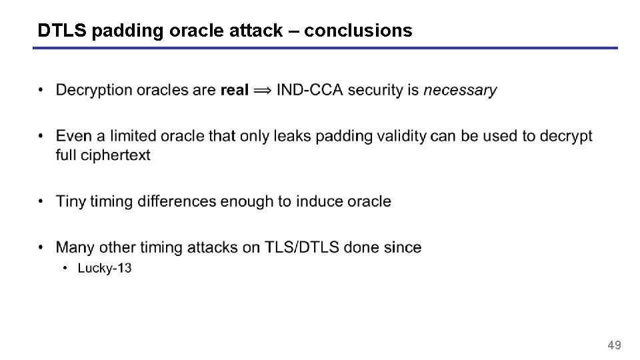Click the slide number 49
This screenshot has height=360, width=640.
(614, 345)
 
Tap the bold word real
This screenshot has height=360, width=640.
(234, 90)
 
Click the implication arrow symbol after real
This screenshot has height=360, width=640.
(263, 90)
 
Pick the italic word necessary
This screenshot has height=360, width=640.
(460, 90)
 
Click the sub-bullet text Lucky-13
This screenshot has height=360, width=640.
(105, 269)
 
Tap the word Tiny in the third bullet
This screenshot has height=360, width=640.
(71, 201)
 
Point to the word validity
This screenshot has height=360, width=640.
(399, 136)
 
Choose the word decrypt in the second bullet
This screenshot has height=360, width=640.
(566, 136)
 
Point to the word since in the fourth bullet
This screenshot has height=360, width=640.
(403, 247)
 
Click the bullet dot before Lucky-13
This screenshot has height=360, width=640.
(65, 269)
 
